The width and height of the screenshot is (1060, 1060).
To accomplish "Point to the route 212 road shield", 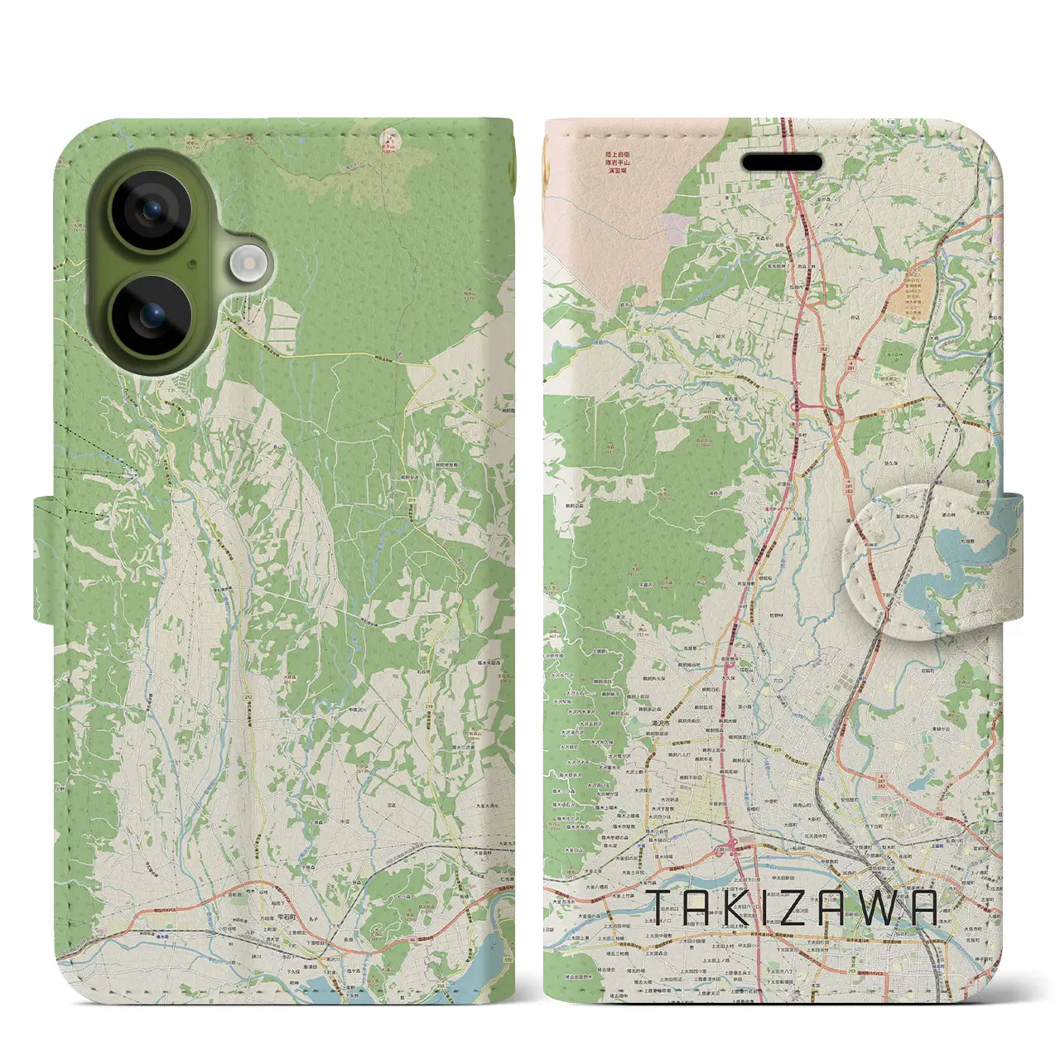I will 248,697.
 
